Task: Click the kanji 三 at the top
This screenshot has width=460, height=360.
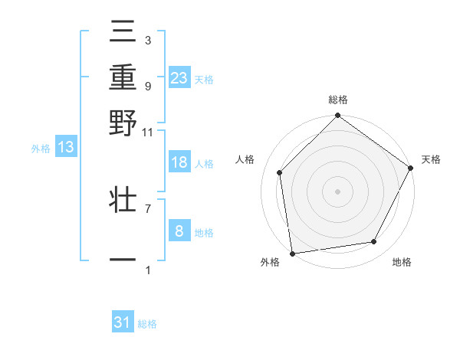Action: click(123, 35)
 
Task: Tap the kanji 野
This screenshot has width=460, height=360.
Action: click(123, 123)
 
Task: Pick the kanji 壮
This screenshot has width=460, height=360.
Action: click(123, 202)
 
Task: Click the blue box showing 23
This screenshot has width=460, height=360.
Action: click(179, 78)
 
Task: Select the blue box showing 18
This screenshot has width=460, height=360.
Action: click(179, 163)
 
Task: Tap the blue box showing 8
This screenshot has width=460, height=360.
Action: click(179, 231)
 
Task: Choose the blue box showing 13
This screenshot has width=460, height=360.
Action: click(66, 148)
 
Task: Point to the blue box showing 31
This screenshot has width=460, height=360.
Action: click(123, 322)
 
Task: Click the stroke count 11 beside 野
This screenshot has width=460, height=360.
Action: click(147, 132)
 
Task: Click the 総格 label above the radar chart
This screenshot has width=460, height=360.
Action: click(337, 100)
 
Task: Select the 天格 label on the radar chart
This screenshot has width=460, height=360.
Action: click(431, 159)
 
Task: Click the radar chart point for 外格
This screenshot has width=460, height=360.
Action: click(292, 253)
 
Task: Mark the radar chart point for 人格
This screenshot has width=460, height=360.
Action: click(280, 172)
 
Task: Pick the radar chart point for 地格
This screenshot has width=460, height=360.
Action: click(374, 241)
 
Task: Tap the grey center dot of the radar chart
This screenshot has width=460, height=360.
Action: click(337, 191)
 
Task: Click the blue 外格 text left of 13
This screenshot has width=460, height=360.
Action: click(40, 149)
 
